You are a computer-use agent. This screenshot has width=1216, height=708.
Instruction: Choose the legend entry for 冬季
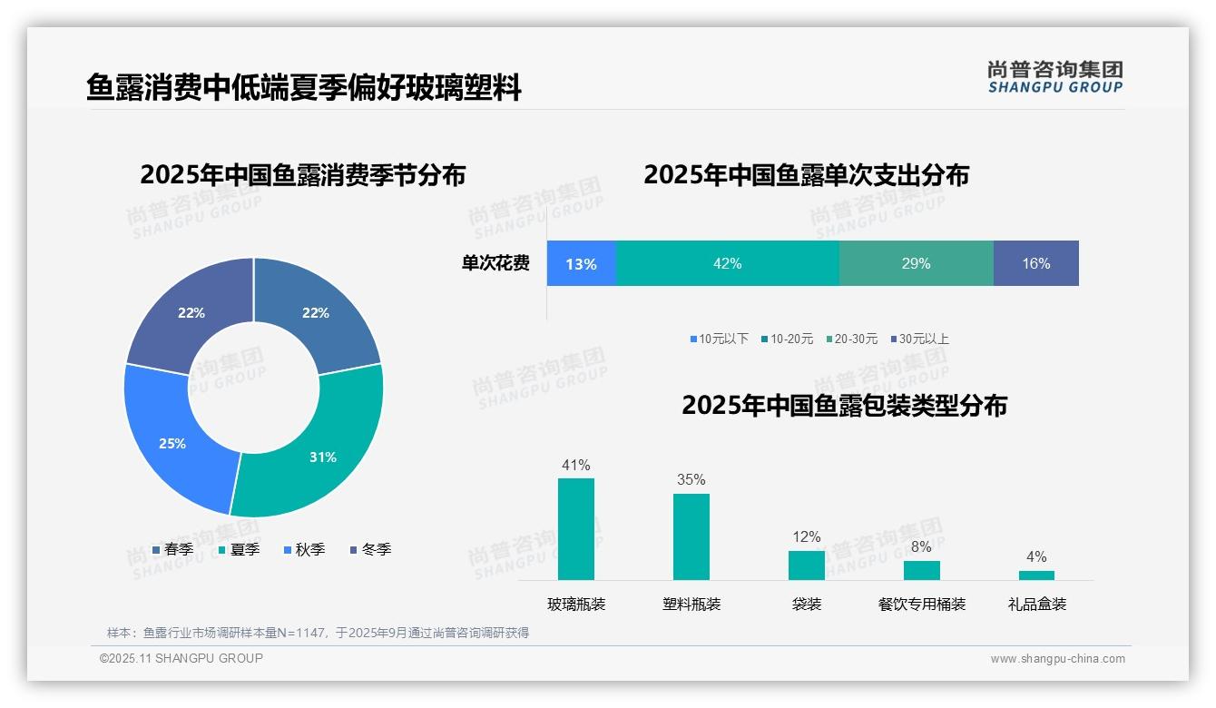(370, 549)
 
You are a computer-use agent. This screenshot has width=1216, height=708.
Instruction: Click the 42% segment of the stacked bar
(727, 263)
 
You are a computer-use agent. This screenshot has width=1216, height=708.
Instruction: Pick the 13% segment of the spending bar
(581, 263)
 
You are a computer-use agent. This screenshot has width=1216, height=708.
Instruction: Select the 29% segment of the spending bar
(916, 263)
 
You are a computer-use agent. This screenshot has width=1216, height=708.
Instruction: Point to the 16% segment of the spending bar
(1035, 263)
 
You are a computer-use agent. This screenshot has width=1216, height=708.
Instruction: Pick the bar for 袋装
(806, 565)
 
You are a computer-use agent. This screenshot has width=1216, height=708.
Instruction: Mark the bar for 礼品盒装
(1036, 575)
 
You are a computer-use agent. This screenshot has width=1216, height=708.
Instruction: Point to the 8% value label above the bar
(921, 547)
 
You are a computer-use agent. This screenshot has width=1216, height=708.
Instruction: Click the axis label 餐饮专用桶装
(921, 604)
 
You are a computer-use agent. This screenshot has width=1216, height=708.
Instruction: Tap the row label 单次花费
(495, 263)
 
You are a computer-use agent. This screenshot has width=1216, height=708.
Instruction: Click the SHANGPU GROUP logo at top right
(1054, 77)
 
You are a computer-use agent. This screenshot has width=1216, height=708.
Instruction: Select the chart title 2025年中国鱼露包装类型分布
(844, 405)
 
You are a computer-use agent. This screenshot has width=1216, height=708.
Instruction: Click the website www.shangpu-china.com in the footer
(1057, 658)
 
